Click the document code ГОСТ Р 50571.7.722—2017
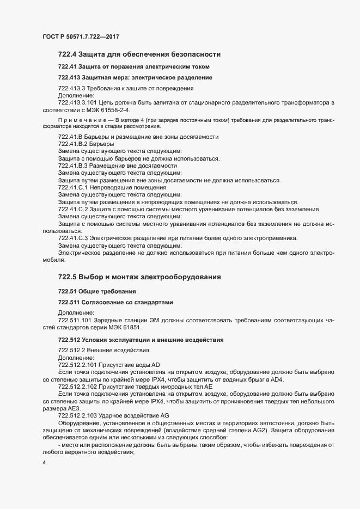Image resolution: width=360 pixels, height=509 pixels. (x=81, y=36)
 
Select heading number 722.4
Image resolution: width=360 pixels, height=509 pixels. (x=68, y=55)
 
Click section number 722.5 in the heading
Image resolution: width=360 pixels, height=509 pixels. (x=68, y=277)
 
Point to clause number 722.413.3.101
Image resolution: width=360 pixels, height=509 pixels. (x=81, y=102)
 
